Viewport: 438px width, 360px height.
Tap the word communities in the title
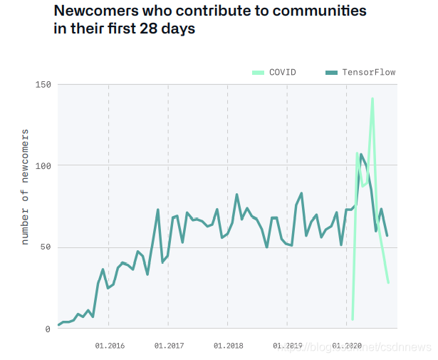click(x=320, y=12)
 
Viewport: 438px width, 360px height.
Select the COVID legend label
click(x=282, y=72)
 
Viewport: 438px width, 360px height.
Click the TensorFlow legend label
click(x=368, y=72)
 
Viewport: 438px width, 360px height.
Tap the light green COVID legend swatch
click(x=259, y=72)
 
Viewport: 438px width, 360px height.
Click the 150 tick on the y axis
click(x=43, y=85)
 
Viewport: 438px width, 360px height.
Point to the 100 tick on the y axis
click(x=43, y=166)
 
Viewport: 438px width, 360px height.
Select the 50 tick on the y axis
click(x=46, y=247)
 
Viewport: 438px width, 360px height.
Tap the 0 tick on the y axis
click(x=48, y=329)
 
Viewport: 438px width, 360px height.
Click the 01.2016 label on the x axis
click(x=110, y=345)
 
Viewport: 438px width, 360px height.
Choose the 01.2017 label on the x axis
click(x=169, y=345)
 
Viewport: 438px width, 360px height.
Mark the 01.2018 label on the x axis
click(x=228, y=345)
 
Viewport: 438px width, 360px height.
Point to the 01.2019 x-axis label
click(x=288, y=345)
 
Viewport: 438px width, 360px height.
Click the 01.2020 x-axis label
click(x=347, y=345)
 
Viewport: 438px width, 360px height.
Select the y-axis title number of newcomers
click(x=25, y=186)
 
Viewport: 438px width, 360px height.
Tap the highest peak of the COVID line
click(x=372, y=98)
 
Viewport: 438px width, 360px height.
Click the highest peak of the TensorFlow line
click(x=361, y=154)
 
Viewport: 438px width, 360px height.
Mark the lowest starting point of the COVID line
click(x=353, y=319)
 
